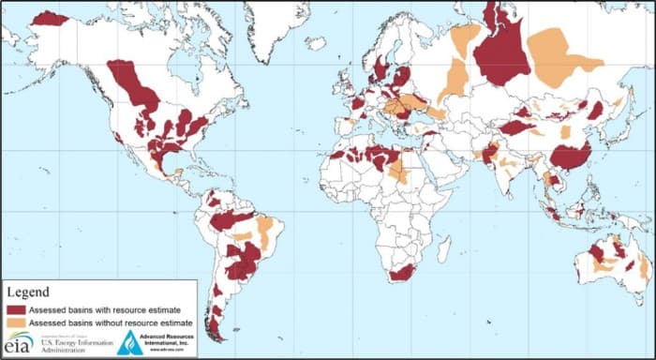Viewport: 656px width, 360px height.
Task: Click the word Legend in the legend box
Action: pyautogui.click(x=29, y=292)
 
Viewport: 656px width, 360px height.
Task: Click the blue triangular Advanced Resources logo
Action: pyautogui.click(x=130, y=342)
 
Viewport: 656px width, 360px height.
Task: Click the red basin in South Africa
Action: pyautogui.click(x=402, y=272)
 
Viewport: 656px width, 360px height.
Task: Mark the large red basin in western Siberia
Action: pyautogui.click(x=501, y=52)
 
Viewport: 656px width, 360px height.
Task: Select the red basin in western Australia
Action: pyautogui.click(x=596, y=253)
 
